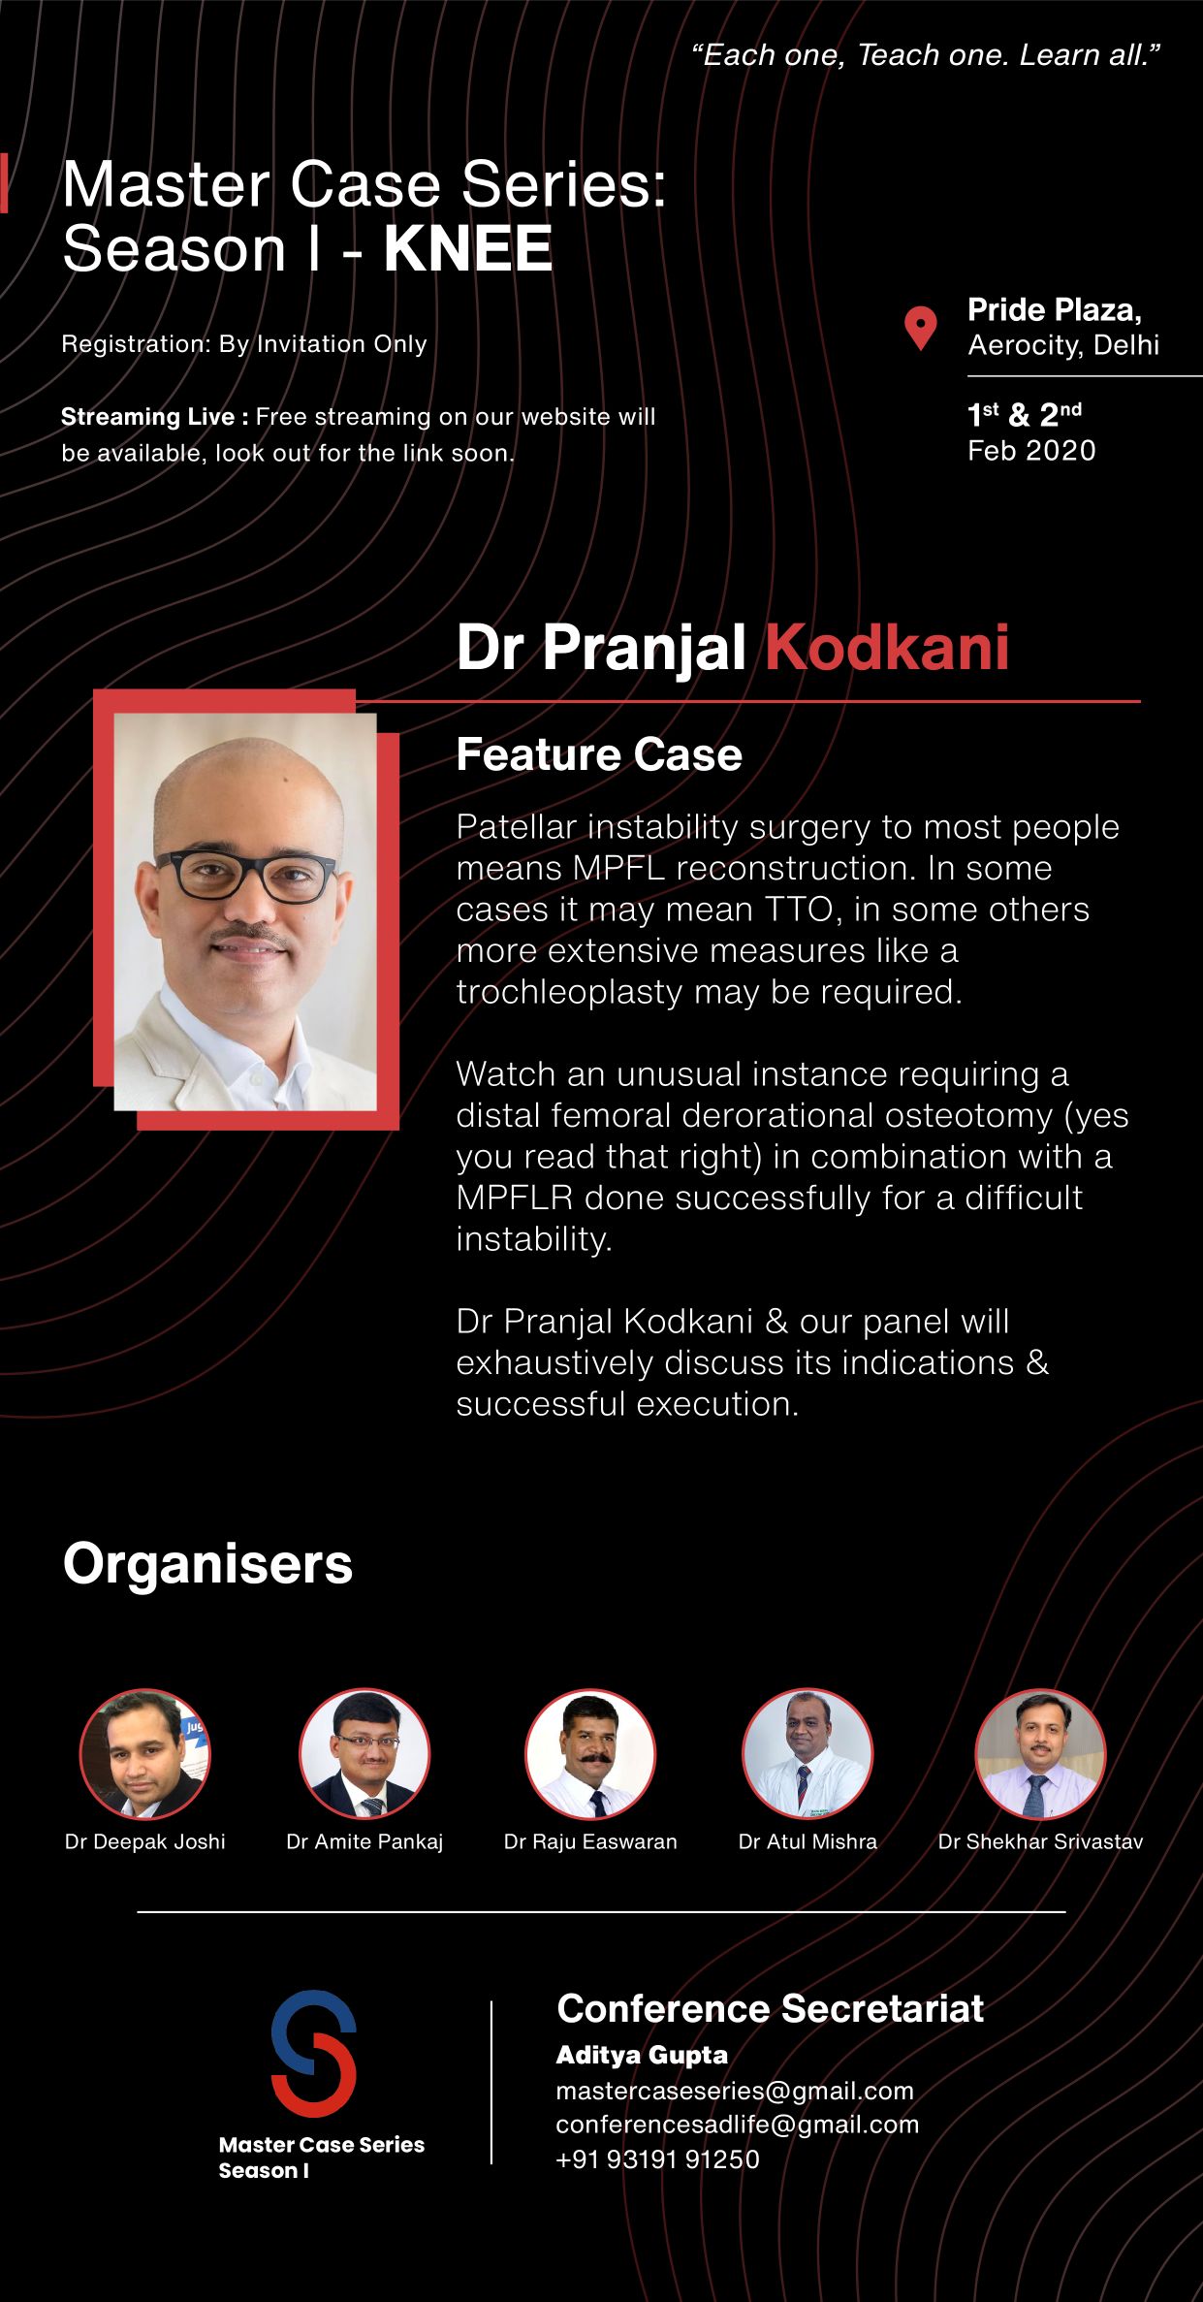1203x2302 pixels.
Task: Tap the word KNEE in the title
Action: tap(468, 249)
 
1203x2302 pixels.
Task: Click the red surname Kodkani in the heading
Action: tap(887, 647)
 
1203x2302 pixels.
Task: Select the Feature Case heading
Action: tap(599, 754)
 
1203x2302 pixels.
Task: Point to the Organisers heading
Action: tap(207, 1563)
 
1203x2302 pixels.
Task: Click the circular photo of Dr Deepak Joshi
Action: tap(144, 1754)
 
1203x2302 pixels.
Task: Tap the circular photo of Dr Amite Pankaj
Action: tap(364, 1754)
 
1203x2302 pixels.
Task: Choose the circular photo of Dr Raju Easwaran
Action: tap(590, 1754)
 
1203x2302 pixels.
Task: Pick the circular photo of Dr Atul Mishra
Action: tap(807, 1754)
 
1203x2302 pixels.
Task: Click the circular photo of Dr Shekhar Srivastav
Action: tap(1040, 1754)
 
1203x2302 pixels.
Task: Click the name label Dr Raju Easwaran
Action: tap(590, 1841)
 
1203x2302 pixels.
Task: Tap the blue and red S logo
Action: tap(314, 2053)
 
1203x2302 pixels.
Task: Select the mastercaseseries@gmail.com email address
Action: tap(735, 2092)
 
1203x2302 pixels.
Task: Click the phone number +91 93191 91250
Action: tap(657, 2159)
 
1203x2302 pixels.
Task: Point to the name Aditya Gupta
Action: tap(642, 2055)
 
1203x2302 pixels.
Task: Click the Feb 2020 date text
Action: tap(1031, 450)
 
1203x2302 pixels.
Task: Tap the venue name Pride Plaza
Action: tap(1055, 309)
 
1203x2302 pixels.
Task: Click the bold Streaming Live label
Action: tap(154, 417)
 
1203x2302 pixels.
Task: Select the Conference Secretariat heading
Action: tap(770, 2008)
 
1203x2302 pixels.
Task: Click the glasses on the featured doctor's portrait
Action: tap(244, 874)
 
